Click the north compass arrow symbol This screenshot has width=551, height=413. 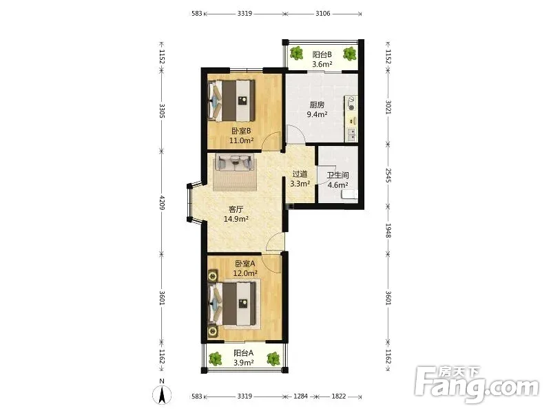[x=162, y=395]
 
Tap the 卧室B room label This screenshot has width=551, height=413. [x=241, y=131]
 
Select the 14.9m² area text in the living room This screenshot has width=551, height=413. [x=236, y=219]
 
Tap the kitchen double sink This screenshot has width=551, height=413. [x=351, y=134]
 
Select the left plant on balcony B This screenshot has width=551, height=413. [x=297, y=54]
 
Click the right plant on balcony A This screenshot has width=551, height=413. [x=273, y=359]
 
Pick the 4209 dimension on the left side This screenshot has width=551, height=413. [x=162, y=202]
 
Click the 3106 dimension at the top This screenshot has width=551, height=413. [x=322, y=14]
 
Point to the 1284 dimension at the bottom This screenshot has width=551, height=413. [x=300, y=396]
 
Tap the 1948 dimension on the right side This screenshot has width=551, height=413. [x=388, y=231]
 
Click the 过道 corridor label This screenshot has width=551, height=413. [x=300, y=174]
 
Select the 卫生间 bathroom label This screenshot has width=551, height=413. [x=337, y=176]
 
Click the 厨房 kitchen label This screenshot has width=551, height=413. [x=317, y=105]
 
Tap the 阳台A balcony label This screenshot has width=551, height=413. [x=244, y=353]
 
